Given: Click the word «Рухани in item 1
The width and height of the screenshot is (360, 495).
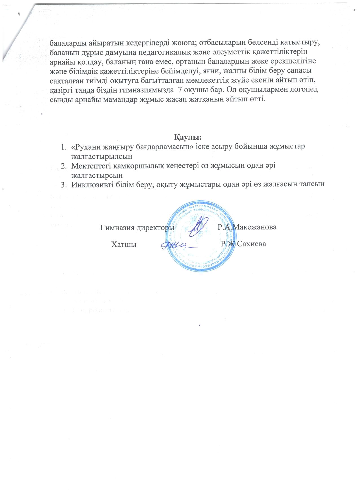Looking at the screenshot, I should [86, 147].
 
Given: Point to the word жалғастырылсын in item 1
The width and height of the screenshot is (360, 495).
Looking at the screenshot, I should [102, 155].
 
